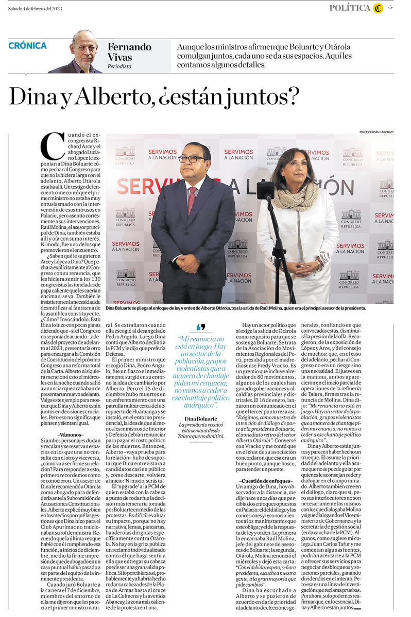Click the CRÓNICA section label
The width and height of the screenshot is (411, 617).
pos(27,46)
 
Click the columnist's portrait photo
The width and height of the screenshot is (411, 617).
pos(76,52)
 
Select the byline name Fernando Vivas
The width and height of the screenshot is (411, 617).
pos(129,52)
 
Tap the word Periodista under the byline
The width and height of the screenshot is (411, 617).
pos(119,66)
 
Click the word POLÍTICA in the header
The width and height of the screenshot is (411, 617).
pos(350,8)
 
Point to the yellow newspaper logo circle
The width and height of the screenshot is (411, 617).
pos(378,8)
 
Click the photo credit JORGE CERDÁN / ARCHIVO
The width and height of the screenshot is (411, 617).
pos(376,132)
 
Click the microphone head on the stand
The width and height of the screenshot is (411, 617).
pos(266,189)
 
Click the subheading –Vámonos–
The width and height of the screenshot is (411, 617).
pos(72,435)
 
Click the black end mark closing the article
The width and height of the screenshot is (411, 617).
pos(357,608)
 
